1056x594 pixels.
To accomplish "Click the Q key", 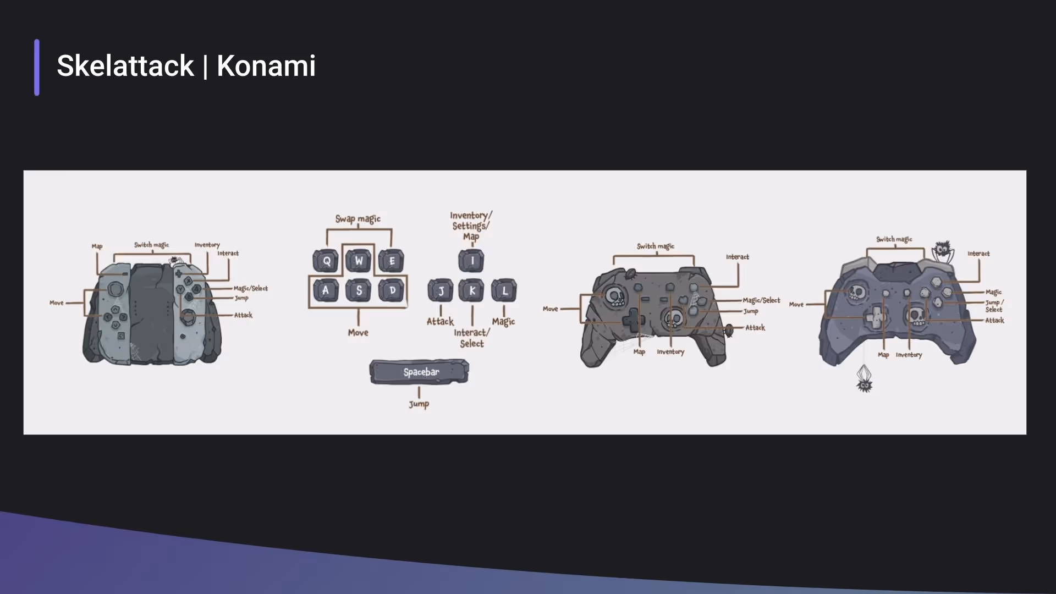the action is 326,261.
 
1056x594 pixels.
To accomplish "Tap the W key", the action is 359,261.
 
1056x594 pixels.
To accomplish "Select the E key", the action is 391,261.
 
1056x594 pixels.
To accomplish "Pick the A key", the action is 326,290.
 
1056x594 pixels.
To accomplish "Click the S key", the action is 359,290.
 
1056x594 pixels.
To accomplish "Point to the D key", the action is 392,290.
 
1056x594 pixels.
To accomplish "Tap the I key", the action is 471,261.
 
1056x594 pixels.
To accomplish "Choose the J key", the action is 441,290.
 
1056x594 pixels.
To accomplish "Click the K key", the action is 471,290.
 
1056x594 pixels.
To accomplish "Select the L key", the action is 504,290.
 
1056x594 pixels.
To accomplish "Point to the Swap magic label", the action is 358,219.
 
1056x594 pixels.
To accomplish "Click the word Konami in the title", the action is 266,66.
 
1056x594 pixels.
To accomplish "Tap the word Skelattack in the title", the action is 125,66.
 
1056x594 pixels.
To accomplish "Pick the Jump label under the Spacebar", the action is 419,404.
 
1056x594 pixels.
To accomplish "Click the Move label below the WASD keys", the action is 358,333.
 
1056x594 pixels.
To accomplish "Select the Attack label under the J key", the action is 441,321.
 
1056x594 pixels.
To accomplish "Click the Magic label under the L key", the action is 503,321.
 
